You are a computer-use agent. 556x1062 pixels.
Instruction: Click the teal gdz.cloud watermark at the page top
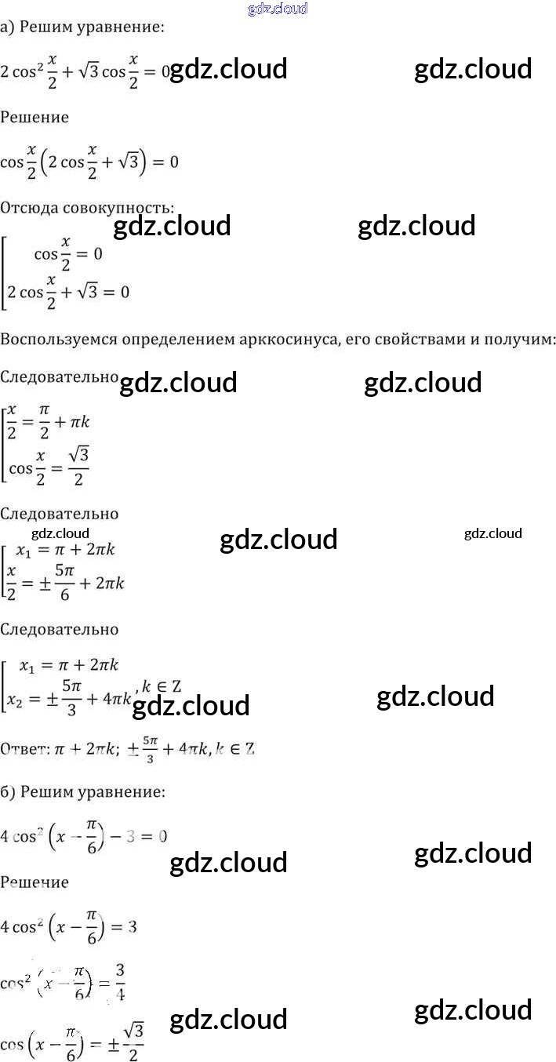tap(277, 9)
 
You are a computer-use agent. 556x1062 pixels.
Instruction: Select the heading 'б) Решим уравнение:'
tap(82, 791)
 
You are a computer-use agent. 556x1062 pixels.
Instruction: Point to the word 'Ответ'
tap(24, 749)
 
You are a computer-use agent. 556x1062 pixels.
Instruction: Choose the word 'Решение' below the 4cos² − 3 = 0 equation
tap(35, 882)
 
